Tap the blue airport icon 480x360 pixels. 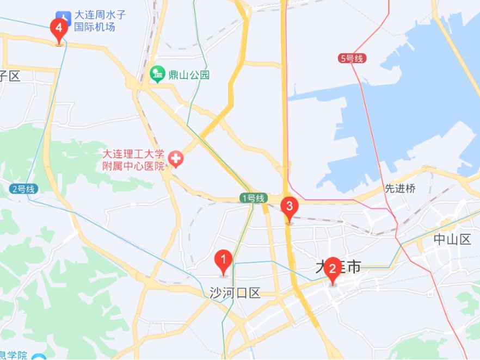point(64,16)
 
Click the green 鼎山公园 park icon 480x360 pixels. point(158,73)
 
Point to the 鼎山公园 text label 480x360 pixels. point(188,75)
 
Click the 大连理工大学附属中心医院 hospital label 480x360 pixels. point(134,160)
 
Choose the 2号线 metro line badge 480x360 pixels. point(24,189)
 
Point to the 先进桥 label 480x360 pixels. point(400,189)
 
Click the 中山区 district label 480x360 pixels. point(452,239)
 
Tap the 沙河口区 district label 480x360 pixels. point(235,293)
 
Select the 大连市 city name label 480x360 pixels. point(339,266)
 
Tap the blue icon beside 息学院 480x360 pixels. point(38,357)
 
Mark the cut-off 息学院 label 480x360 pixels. point(14,355)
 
